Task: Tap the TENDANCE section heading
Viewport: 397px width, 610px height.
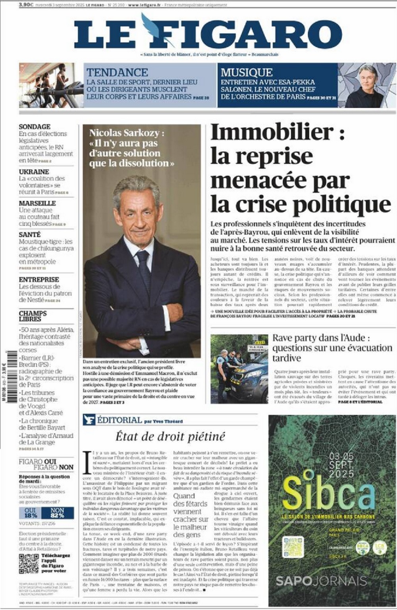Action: [117, 72]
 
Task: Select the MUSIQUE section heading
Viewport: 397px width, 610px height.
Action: [247, 72]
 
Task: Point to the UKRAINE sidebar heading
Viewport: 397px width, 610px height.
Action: [34, 172]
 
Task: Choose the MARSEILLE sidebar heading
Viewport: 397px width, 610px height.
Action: [37, 203]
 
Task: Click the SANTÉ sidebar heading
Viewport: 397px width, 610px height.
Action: [30, 235]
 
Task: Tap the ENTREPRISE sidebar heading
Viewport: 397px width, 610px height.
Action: [39, 279]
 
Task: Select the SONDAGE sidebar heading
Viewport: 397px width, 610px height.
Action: [35, 127]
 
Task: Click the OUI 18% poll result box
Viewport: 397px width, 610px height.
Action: [31, 512]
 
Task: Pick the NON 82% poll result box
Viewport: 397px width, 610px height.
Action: [58, 512]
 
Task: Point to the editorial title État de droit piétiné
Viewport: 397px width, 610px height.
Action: [170, 437]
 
